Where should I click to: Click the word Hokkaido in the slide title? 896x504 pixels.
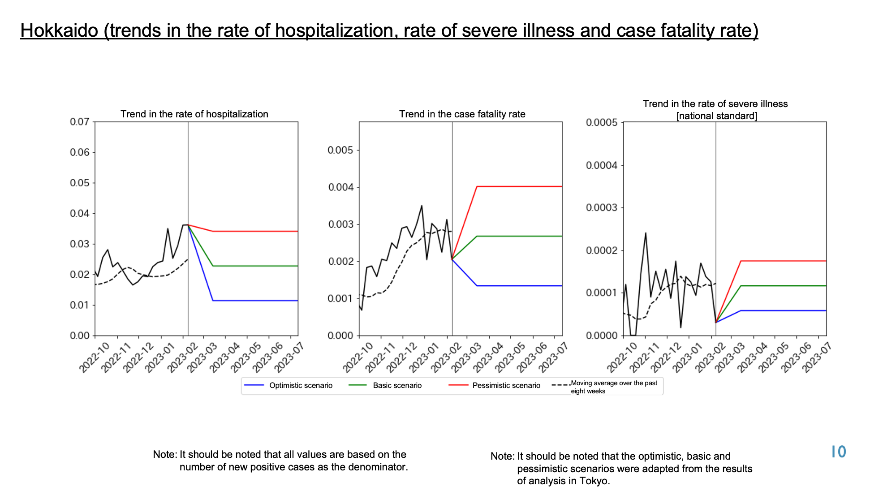tap(59, 30)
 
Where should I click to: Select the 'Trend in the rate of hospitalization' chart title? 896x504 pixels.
tap(194, 114)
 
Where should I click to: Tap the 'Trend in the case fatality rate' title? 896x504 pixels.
tap(462, 114)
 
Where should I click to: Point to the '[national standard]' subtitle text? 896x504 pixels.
tap(717, 116)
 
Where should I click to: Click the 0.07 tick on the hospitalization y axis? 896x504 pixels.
tap(80, 122)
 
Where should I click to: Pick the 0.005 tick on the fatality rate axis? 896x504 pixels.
tap(340, 150)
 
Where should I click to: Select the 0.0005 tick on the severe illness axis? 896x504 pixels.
tap(602, 122)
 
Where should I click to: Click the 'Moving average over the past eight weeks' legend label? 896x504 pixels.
tap(614, 387)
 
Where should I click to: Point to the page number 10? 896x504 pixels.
tap(839, 452)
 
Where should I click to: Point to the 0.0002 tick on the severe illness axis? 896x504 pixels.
tap(602, 250)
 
